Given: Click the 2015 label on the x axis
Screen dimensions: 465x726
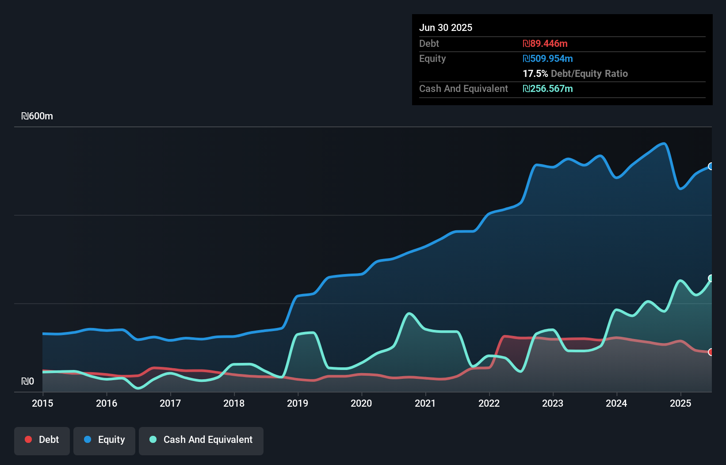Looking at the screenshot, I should pyautogui.click(x=42, y=403).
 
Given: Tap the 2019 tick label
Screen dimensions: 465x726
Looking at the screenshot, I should pyautogui.click(x=298, y=403).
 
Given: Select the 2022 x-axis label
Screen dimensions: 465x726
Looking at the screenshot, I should pyautogui.click(x=489, y=403).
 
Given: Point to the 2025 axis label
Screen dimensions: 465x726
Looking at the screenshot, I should pyautogui.click(x=680, y=403).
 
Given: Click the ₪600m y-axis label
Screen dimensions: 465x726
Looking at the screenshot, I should pyautogui.click(x=37, y=116).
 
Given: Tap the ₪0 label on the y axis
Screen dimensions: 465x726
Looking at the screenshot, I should pyautogui.click(x=27, y=381).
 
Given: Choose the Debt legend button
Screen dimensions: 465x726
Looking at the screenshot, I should pyautogui.click(x=42, y=440).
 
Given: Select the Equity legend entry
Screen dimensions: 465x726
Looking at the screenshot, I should pyautogui.click(x=104, y=440).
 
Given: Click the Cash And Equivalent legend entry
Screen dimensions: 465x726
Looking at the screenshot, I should pyautogui.click(x=201, y=440).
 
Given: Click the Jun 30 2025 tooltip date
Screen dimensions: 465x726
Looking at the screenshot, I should pyautogui.click(x=446, y=27).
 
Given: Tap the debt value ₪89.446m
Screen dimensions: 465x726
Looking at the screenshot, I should pyautogui.click(x=545, y=43).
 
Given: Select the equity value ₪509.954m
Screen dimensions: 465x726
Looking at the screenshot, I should pyautogui.click(x=547, y=58).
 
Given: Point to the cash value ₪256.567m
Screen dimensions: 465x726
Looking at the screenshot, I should pyautogui.click(x=547, y=88).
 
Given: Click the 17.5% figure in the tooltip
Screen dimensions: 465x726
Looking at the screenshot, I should pyautogui.click(x=535, y=73).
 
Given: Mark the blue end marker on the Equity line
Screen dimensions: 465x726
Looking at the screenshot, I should pyautogui.click(x=711, y=166).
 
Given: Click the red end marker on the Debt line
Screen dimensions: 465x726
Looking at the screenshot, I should pyautogui.click(x=711, y=352).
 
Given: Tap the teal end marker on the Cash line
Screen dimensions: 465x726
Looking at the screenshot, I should pyautogui.click(x=711, y=278).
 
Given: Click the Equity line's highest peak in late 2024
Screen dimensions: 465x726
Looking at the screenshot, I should pyautogui.click(x=664, y=143).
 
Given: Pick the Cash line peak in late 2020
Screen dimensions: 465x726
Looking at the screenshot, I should pyautogui.click(x=409, y=313).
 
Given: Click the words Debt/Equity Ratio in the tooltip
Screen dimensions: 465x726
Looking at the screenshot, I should pyautogui.click(x=589, y=73).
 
